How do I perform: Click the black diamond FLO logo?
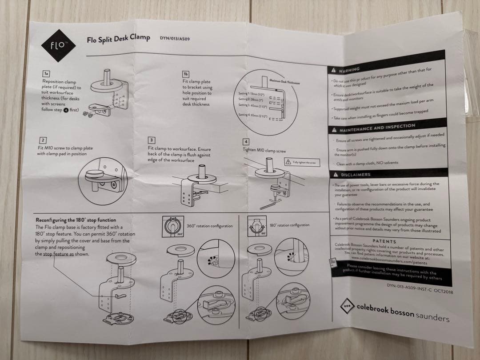click(58, 45)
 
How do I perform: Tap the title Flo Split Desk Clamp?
click(118, 39)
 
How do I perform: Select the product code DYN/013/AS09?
click(175, 38)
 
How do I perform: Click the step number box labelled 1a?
click(46, 73)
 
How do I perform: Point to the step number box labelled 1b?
click(186, 74)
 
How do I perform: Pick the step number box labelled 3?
click(151, 140)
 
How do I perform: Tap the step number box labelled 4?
click(246, 141)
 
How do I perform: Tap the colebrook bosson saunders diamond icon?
click(348, 307)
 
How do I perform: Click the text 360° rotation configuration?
click(209, 226)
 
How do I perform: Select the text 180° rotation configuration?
click(289, 225)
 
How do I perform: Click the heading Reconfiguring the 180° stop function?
click(76, 220)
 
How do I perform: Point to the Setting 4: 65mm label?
click(252, 115)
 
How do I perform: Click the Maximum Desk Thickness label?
click(285, 82)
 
